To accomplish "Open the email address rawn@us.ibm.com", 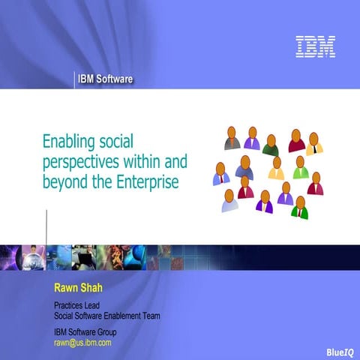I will click(x=82, y=342).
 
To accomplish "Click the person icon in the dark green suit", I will click(x=271, y=145).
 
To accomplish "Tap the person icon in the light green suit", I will click(x=300, y=168).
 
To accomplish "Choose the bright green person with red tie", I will click(x=300, y=207).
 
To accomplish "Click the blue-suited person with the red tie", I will click(x=220, y=174).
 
